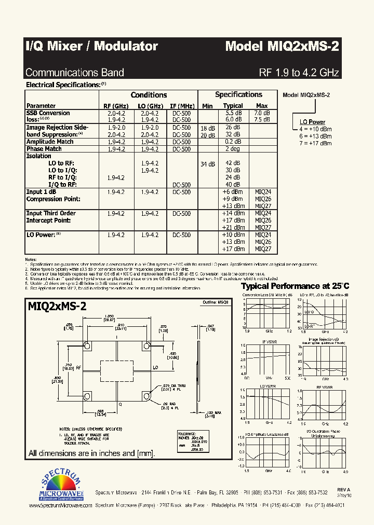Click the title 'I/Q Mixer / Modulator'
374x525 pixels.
click(x=91, y=47)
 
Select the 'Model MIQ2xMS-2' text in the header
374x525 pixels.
click(x=282, y=47)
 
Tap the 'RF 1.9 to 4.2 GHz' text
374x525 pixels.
click(x=299, y=73)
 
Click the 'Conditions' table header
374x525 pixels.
click(x=149, y=95)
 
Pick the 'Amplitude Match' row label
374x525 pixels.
click(x=50, y=142)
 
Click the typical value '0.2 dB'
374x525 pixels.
click(x=233, y=142)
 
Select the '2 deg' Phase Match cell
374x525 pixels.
click(x=232, y=149)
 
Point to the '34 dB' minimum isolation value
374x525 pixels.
click(x=207, y=164)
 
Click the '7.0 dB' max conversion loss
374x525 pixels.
click(x=261, y=113)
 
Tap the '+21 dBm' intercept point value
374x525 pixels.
click(x=232, y=227)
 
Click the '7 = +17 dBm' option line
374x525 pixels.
click(x=315, y=143)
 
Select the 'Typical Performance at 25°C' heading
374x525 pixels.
click(x=295, y=286)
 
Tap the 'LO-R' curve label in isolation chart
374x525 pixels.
click(x=309, y=326)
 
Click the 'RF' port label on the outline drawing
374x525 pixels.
click(x=78, y=367)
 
